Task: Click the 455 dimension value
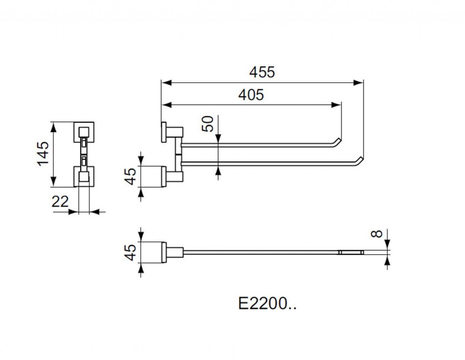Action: pos(262,72)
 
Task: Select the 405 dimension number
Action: pos(251,95)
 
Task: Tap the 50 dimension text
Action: pos(208,124)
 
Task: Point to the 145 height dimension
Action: pos(43,154)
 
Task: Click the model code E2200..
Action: pos(267,303)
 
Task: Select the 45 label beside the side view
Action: pos(131,176)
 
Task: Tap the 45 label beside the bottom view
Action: pos(131,252)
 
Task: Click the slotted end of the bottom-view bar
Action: pos(351,251)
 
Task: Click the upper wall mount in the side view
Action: pos(171,132)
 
